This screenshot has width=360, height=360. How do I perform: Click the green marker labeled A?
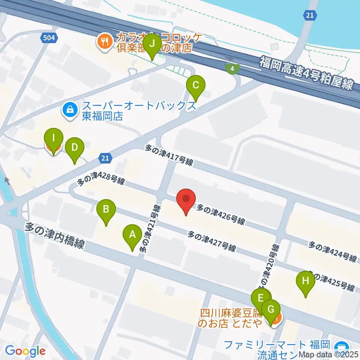132,235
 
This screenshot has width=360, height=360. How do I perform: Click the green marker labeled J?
152,44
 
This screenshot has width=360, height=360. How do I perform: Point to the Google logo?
25,351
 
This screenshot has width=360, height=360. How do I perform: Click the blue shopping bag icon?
70,110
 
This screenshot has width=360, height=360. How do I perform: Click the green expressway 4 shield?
232,69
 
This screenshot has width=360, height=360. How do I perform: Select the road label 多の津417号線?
169,156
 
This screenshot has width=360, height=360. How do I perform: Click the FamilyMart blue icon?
341,346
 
